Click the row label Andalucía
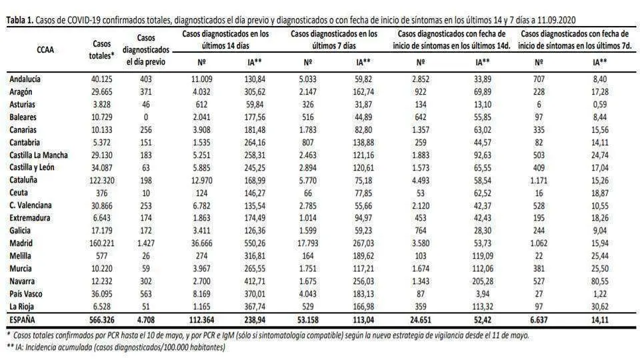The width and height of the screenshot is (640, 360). pos(25,79)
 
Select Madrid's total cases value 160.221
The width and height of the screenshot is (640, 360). pos(101,243)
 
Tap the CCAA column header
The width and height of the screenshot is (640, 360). pos(45,50)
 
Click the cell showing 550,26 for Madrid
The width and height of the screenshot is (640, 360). pos(255,243)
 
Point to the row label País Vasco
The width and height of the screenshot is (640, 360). pos(26,294)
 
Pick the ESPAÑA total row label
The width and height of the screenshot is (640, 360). pos(23,319)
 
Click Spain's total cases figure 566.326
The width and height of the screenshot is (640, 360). pos(101,319)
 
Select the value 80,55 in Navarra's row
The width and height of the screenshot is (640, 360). pos(599,281)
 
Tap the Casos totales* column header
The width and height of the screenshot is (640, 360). pos(101,49)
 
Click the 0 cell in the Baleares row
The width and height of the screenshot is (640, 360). pos(146,117)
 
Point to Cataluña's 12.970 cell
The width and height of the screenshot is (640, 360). pos(201,181)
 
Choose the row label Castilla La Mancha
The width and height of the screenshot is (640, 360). pos(39,155)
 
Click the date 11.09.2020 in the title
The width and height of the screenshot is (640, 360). pos(555,20)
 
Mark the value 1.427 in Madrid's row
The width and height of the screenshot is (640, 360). pos(146,243)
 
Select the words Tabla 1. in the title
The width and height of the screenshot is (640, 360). pos(19,20)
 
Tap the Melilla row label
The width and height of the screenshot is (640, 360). pos(20,256)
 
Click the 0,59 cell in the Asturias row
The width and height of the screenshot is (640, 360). pos(599,105)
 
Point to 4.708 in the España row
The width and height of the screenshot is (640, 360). pos(146,319)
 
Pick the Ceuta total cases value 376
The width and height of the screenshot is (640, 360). pos(101,193)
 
